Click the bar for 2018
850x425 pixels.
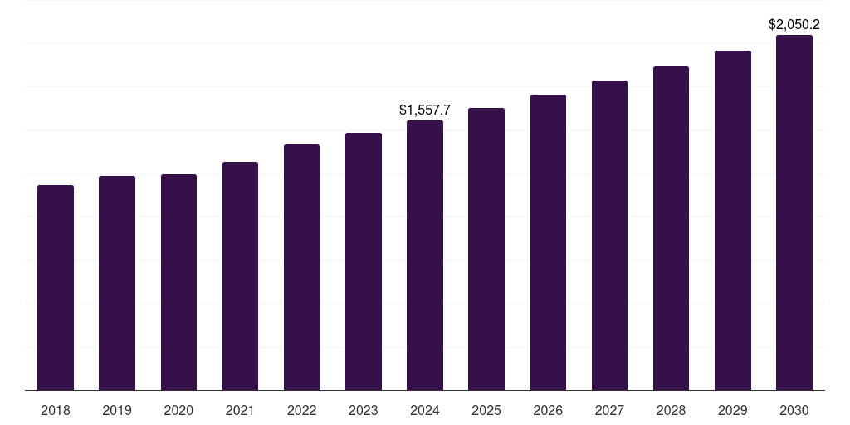coord(56,287)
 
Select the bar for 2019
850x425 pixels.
coord(117,282)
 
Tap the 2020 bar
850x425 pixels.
coord(178,281)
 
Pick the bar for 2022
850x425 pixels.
coord(301,266)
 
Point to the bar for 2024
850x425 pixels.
coord(425,255)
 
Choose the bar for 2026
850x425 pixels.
coord(548,242)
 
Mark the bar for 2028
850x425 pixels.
coord(671,227)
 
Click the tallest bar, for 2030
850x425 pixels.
coord(794,212)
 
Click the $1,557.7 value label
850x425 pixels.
coord(425,110)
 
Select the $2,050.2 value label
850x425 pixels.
coord(794,24)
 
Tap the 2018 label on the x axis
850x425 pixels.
coord(56,410)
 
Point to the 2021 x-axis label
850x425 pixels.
coord(240,410)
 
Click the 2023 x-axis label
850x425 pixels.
coord(364,410)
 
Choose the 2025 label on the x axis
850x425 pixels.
coord(486,410)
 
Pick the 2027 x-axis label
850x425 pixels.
coord(609,410)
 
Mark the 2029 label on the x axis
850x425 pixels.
coord(733,410)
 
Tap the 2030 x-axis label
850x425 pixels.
coord(794,410)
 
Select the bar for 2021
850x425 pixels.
coord(240,276)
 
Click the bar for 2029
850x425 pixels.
coord(733,220)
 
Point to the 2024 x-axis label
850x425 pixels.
coord(425,410)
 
